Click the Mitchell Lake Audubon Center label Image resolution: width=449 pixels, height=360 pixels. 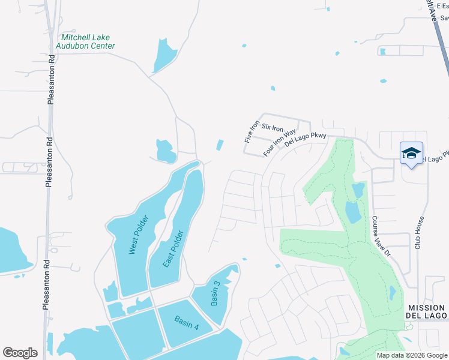click(x=85, y=41)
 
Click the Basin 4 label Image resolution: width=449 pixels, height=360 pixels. click(x=187, y=322)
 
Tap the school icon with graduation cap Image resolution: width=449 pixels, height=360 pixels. click(x=411, y=154)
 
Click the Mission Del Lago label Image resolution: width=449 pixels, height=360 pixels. click(x=427, y=311)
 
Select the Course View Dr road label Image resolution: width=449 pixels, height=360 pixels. click(x=381, y=236)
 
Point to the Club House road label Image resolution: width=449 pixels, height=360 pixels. click(x=419, y=233)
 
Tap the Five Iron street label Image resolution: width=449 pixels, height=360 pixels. click(x=250, y=132)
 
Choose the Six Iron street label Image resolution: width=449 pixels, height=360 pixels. click(x=272, y=128)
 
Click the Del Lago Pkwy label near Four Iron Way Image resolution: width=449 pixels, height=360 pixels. click(x=306, y=140)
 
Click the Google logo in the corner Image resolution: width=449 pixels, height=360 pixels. click(x=20, y=353)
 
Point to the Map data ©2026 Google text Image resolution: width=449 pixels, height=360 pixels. click(x=412, y=355)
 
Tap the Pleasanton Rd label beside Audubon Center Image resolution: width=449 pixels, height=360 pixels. click(x=51, y=80)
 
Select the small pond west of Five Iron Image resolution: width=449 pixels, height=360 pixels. click(x=220, y=145)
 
